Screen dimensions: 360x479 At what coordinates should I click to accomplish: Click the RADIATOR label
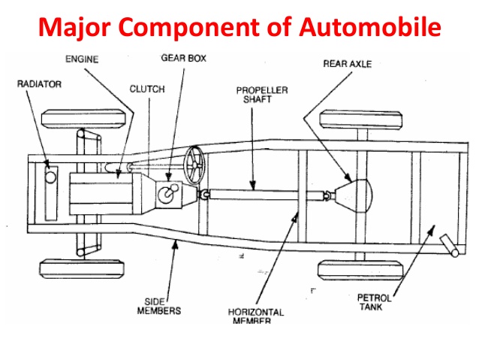pos(39,83)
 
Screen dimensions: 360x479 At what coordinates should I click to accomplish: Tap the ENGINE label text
pos(83,58)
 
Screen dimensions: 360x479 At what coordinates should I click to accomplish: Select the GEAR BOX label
pos(182,58)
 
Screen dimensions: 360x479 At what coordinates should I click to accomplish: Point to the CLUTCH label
pos(146,89)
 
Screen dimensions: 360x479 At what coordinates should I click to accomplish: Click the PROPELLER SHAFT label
pos(257,94)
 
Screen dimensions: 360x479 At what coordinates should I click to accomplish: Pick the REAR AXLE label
pos(347,64)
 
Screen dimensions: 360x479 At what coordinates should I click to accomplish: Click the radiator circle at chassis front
pos(51,178)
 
